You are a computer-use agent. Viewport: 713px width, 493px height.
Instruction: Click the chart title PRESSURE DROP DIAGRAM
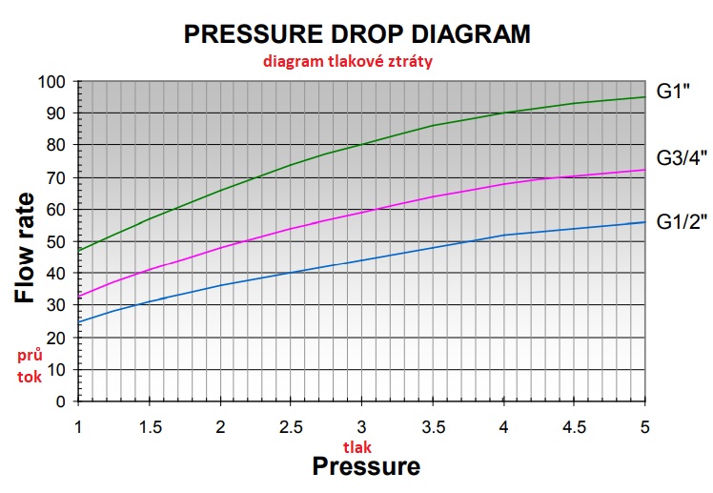pyautogui.click(x=356, y=34)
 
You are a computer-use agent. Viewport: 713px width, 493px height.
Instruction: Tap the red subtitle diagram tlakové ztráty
pyautogui.click(x=356, y=60)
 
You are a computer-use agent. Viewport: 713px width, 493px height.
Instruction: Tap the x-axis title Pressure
pyautogui.click(x=366, y=466)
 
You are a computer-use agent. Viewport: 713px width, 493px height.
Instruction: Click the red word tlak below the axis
pyautogui.click(x=359, y=445)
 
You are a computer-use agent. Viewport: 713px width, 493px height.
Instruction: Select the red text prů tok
pyautogui.click(x=31, y=364)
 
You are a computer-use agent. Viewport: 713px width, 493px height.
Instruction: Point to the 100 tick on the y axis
pyautogui.click(x=51, y=81)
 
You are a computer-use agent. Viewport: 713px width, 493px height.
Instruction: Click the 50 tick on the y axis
pyautogui.click(x=55, y=241)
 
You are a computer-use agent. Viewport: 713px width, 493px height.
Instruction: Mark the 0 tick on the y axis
pyautogui.click(x=59, y=401)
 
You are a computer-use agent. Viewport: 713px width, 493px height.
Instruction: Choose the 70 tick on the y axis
pyautogui.click(x=55, y=177)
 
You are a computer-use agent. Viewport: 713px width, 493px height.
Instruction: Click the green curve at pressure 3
pyautogui.click(x=361, y=145)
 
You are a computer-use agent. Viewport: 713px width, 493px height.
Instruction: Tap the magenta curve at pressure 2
pyautogui.click(x=220, y=247)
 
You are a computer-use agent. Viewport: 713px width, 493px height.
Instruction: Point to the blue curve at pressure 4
pyautogui.click(x=503, y=235)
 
